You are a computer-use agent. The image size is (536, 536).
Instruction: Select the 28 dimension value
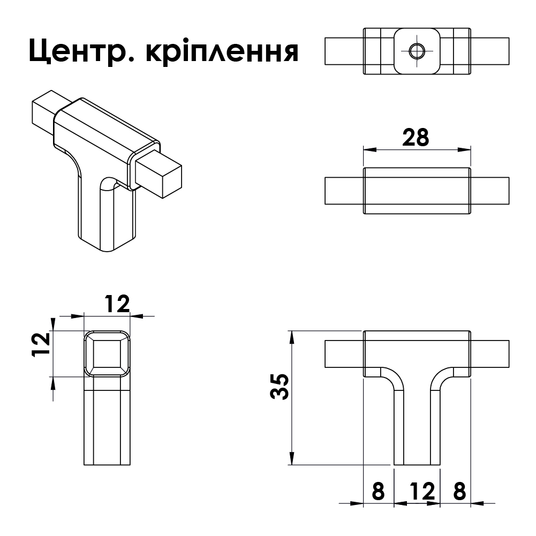point(416,138)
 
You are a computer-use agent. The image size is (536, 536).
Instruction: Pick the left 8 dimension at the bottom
point(378,491)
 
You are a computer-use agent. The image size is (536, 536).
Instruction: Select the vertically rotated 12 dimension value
point(41,344)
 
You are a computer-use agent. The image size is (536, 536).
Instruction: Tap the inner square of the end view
point(107,353)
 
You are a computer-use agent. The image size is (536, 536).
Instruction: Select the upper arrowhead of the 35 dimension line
point(292,335)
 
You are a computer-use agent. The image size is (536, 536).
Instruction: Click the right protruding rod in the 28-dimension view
point(490,191)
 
